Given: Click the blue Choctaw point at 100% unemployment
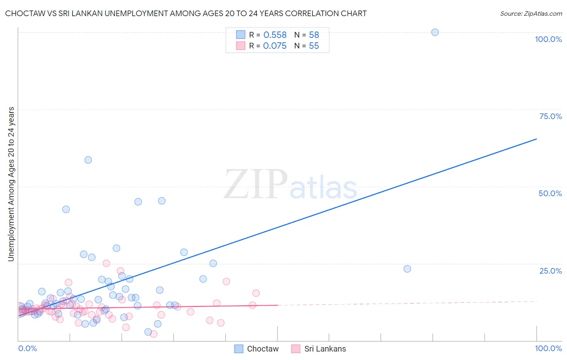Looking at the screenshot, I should coord(435,32).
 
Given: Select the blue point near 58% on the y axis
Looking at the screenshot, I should coord(88,160).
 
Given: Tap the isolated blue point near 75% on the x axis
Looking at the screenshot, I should coord(407,269).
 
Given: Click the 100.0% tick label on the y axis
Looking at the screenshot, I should coord(548,39).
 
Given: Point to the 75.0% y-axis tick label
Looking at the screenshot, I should coord(550,116).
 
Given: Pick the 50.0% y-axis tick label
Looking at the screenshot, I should coord(550,193).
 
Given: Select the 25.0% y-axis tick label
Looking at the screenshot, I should coord(550,270).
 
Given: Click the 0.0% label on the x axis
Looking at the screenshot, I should coord(27,348).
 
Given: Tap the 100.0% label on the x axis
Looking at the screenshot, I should coord(548,348).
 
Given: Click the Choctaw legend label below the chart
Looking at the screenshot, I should coord(263,349).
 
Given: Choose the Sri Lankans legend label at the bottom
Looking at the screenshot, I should coord(325,349).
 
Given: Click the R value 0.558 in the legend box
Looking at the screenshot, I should coord(275,35).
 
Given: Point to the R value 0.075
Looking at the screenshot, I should coord(275,46).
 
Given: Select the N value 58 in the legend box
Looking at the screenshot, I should coord(314,35).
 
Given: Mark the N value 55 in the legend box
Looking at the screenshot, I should coord(314,46).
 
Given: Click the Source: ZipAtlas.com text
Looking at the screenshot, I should coord(531,14).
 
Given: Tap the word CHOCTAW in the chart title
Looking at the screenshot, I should coord(24,13).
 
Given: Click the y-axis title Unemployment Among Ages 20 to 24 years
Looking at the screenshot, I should coord(11,184).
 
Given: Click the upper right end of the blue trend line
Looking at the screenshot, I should coord(536,139).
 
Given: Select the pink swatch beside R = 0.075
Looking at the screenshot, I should coord(240,46).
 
